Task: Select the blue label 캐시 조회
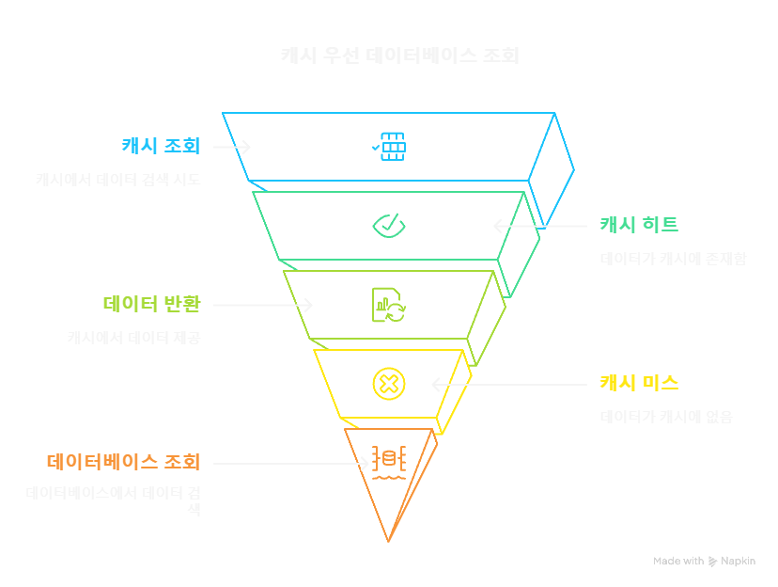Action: [x=160, y=146]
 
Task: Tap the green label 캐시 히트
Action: [x=639, y=225]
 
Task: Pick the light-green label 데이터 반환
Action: [x=150, y=304]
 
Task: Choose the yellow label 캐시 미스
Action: [x=639, y=383]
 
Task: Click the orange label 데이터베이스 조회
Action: [x=123, y=462]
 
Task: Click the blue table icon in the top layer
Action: [x=389, y=147]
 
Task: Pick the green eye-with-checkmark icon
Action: [x=388, y=225]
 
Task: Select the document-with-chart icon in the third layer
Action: [x=388, y=305]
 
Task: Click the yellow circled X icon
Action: [x=388, y=383]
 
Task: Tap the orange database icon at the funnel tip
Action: [x=388, y=462]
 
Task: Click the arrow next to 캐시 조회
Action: [x=231, y=147]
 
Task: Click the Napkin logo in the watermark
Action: [x=712, y=561]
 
